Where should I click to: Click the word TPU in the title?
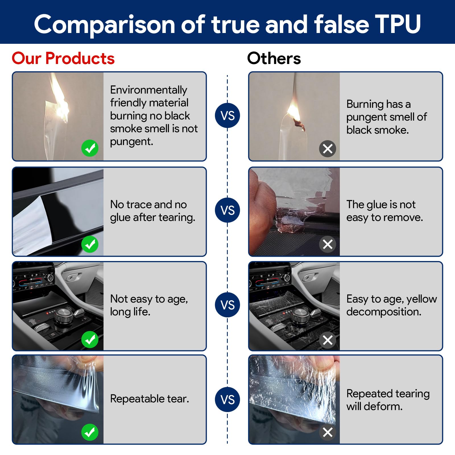[397, 24]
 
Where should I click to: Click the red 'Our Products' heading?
[63, 58]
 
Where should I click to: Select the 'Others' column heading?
[274, 58]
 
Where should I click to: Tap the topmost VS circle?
[227, 115]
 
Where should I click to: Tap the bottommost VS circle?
[227, 399]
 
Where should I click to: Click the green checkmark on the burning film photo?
[90, 148]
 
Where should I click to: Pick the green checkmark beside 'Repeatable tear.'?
[90, 432]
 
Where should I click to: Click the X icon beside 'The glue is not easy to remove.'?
[328, 244]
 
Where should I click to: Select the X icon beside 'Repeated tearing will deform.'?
[328, 432]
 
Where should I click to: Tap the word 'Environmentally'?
[148, 90]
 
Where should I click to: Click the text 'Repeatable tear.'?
[149, 399]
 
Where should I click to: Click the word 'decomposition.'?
[384, 312]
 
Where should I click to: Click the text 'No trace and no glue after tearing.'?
[152, 211]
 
